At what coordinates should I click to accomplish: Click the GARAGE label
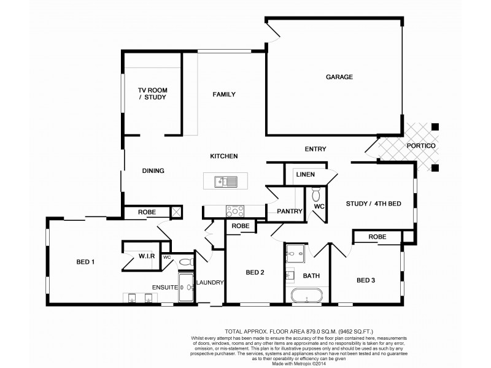pos(339,77)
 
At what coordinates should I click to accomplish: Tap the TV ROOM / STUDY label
pos(152,93)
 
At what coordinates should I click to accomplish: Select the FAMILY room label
pos(224,94)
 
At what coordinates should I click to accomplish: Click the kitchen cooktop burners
pos(234,211)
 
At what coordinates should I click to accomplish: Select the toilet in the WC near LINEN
pos(317,194)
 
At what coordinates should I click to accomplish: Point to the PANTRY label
pos(290,212)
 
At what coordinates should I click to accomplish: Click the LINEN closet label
pos(305,175)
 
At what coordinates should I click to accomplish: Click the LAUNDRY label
pos(209,283)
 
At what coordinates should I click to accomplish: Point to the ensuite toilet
pos(185,263)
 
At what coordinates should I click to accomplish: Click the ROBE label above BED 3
pos(377,237)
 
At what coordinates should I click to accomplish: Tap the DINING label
pos(153,171)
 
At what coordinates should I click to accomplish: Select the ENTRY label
pos(315,149)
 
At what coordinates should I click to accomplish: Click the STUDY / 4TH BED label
pos(373,204)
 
